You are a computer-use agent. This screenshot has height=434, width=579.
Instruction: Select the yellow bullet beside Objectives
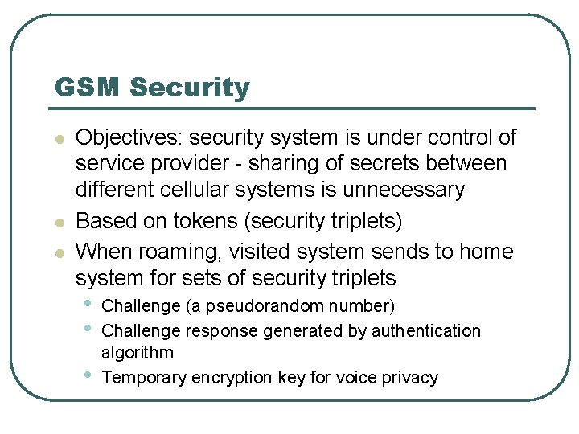pyautogui.click(x=58, y=139)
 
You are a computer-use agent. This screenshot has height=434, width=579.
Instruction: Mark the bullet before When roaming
pyautogui.click(x=58, y=253)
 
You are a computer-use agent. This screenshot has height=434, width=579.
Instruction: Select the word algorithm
pyautogui.click(x=137, y=354)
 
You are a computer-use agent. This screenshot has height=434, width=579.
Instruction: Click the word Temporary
pyautogui.click(x=144, y=379)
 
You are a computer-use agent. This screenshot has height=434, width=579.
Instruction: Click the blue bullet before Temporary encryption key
pyautogui.click(x=87, y=375)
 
